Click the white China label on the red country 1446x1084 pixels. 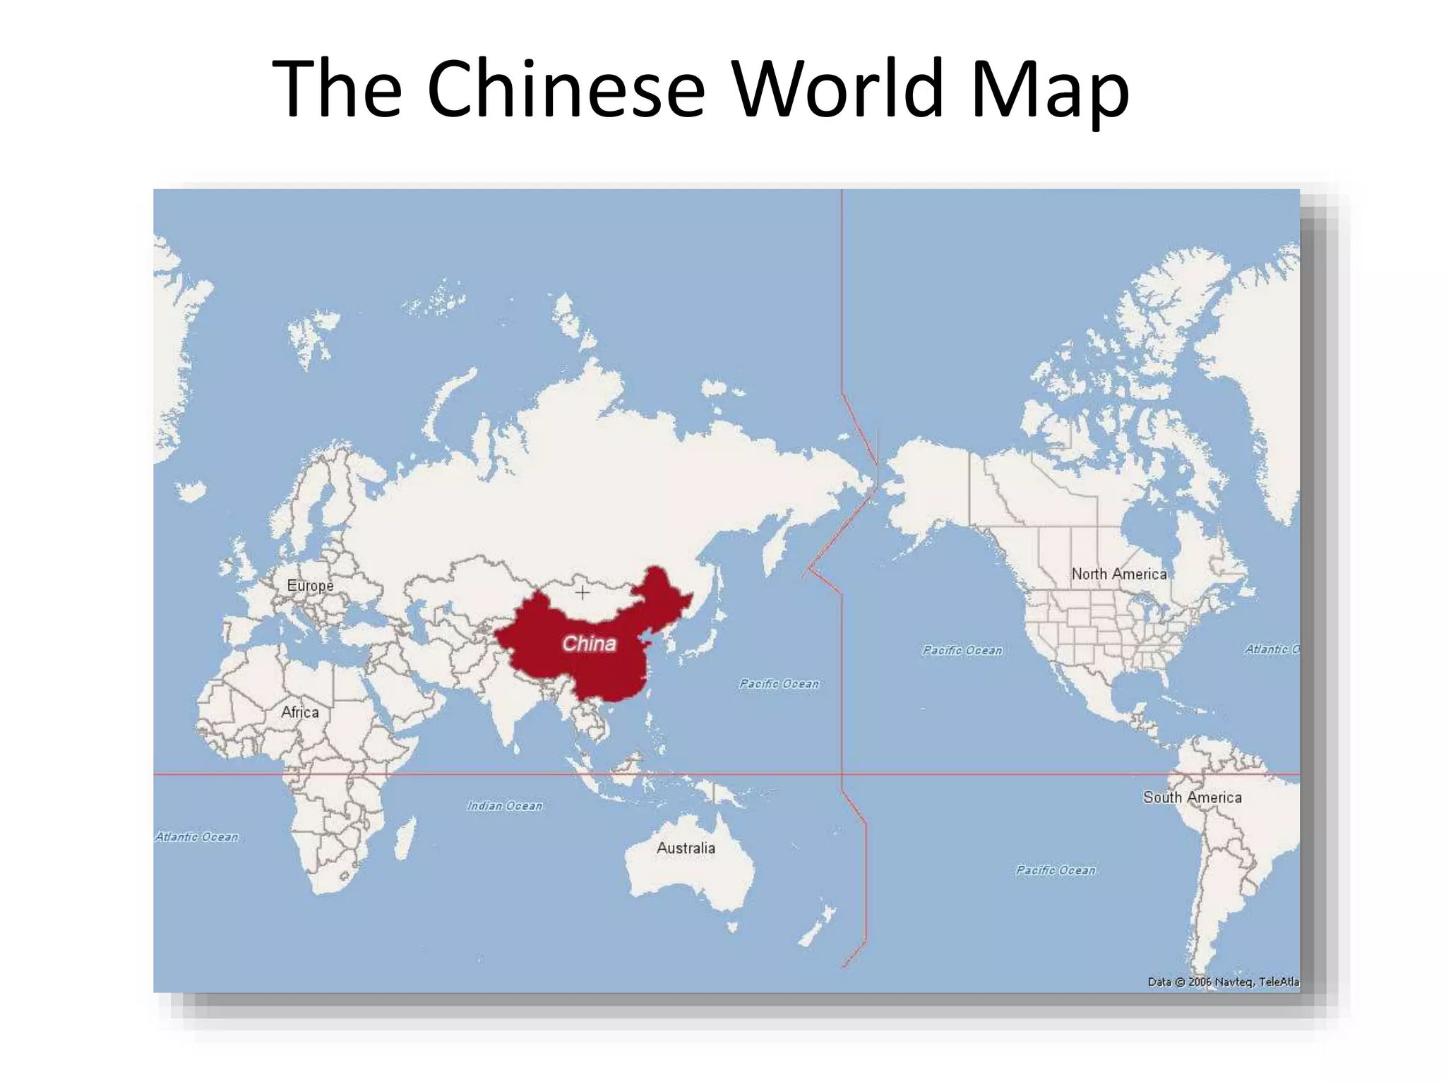pos(589,643)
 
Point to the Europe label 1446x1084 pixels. pos(310,585)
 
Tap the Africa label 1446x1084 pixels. pos(299,711)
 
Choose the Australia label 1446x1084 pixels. pos(686,848)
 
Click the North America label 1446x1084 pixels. pos(1119,574)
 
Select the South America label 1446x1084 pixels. pos(1192,797)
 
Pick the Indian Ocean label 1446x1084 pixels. pos(504,805)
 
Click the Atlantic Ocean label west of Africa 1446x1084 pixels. pos(197,836)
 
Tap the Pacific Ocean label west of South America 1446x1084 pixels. pos(1056,870)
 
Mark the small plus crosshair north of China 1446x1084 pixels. pos(582,592)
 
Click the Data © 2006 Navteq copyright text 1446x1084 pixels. pos(1223,981)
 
